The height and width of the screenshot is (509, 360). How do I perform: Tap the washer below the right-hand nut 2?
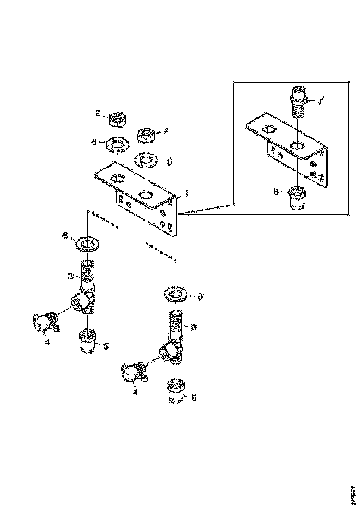(146, 160)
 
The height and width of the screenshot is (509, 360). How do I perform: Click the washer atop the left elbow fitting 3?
(87, 243)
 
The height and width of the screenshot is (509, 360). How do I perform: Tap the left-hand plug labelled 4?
(43, 321)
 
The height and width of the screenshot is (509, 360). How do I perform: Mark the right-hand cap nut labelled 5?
(175, 391)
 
